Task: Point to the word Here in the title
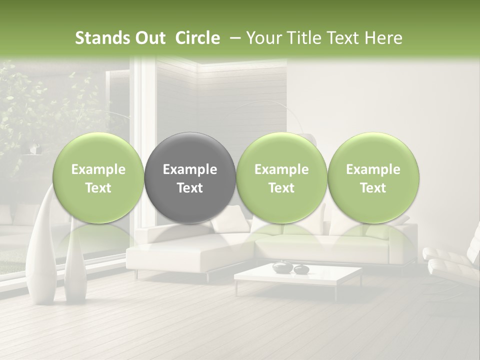383,38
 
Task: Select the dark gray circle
190,177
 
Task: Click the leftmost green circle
98,177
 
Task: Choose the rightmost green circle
373,177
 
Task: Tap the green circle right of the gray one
281,177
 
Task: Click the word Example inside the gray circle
190,169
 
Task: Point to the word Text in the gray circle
190,188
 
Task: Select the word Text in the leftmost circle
98,188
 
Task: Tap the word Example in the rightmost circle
373,169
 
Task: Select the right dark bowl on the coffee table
301,269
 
